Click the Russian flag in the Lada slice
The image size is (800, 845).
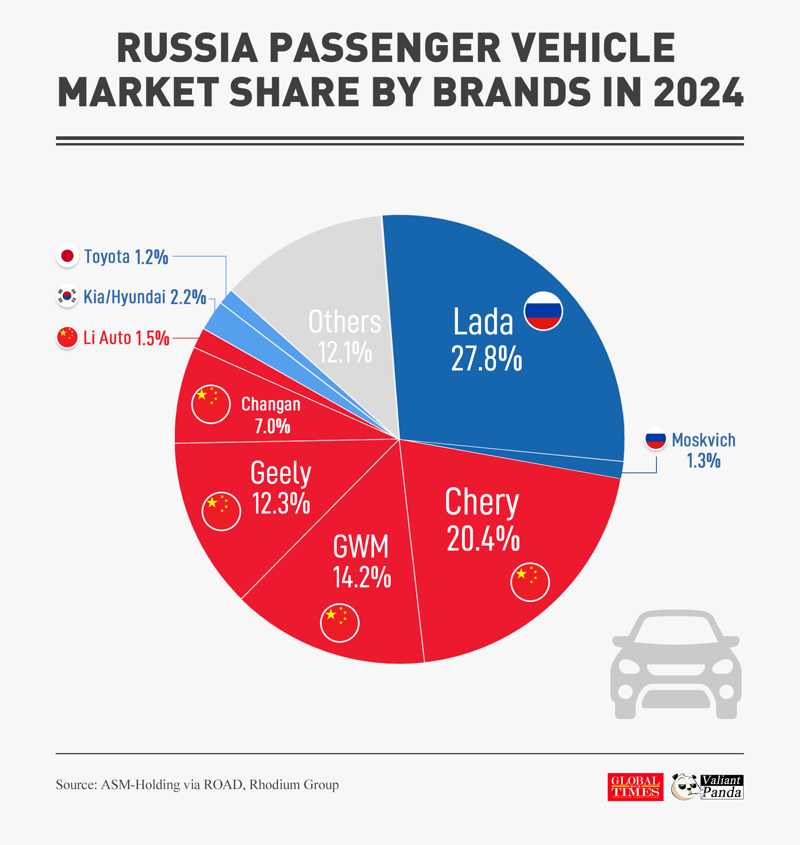pyautogui.click(x=543, y=311)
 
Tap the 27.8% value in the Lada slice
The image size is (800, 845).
pyautogui.click(x=486, y=359)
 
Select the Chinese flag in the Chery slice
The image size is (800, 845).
pyautogui.click(x=530, y=582)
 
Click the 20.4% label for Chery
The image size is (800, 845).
pyautogui.click(x=483, y=539)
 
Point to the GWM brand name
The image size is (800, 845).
pyautogui.click(x=361, y=546)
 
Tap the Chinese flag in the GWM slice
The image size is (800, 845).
pyautogui.click(x=340, y=623)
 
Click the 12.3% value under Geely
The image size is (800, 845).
pyautogui.click(x=280, y=503)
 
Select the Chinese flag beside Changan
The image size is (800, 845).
pyautogui.click(x=211, y=404)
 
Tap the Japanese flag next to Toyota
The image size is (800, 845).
pyautogui.click(x=67, y=256)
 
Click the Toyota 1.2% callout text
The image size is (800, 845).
pyautogui.click(x=126, y=257)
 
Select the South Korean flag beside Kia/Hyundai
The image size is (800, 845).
pyautogui.click(x=67, y=295)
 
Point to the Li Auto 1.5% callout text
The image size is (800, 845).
pyautogui.click(x=126, y=337)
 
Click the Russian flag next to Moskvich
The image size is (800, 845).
pyautogui.click(x=656, y=438)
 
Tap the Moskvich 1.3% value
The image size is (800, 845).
pyautogui.click(x=703, y=460)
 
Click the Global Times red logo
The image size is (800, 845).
pyautogui.click(x=635, y=787)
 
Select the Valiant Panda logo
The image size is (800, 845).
pyautogui.click(x=708, y=787)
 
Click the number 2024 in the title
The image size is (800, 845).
pyautogui.click(x=698, y=92)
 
